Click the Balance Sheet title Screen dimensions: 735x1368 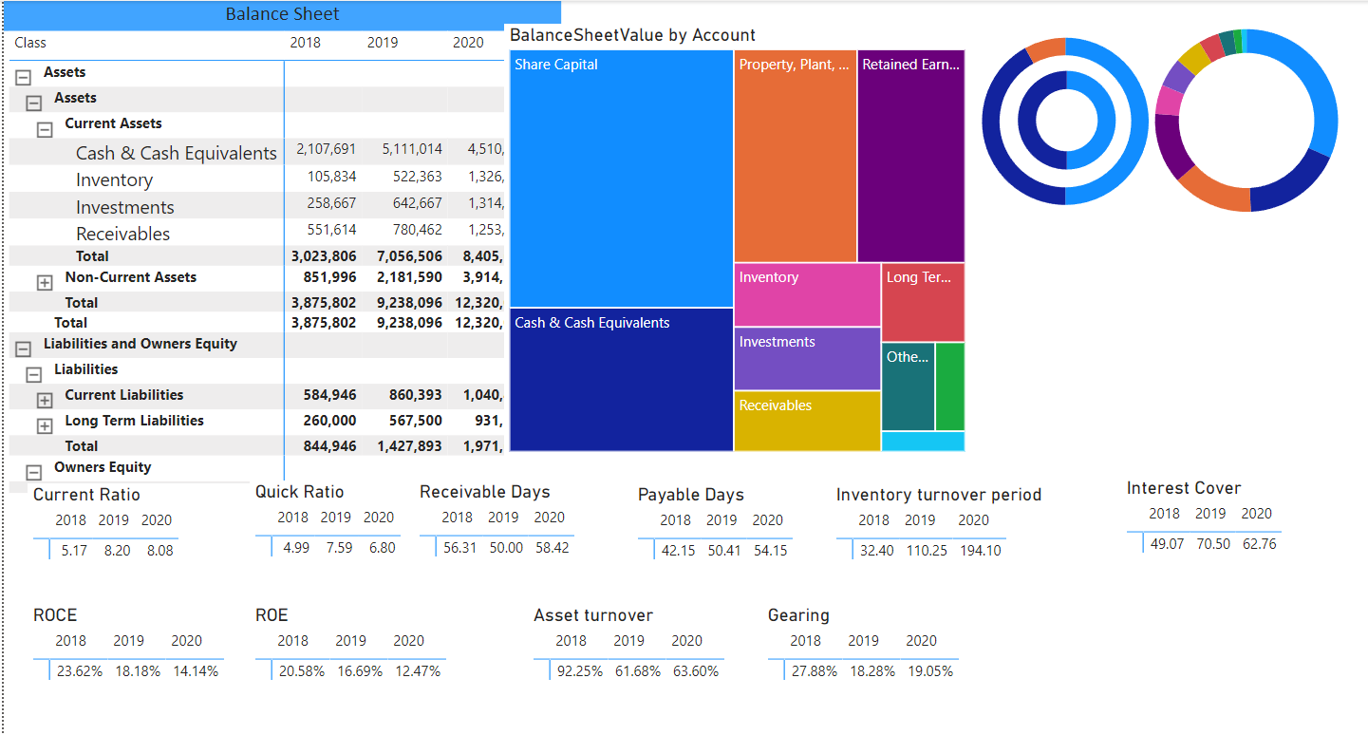[282, 14]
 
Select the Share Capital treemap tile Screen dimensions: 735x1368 [621, 178]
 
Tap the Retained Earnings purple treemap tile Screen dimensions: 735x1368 [910, 157]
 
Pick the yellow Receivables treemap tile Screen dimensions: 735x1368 [807, 421]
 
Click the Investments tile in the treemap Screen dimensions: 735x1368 [807, 358]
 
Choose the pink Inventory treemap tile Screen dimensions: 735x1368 [807, 294]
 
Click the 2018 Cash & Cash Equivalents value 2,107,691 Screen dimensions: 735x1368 [326, 149]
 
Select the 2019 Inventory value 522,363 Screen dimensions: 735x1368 [412, 177]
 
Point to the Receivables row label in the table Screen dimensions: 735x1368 [123, 234]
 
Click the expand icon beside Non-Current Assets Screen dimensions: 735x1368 [44, 282]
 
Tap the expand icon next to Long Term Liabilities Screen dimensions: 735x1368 [44, 425]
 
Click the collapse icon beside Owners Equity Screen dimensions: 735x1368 [33, 472]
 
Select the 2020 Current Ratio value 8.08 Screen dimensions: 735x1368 [159, 550]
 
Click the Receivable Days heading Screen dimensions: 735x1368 [484, 492]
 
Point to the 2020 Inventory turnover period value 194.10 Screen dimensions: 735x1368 [981, 550]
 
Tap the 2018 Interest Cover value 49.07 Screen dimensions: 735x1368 [1167, 544]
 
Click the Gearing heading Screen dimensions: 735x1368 [798, 615]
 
